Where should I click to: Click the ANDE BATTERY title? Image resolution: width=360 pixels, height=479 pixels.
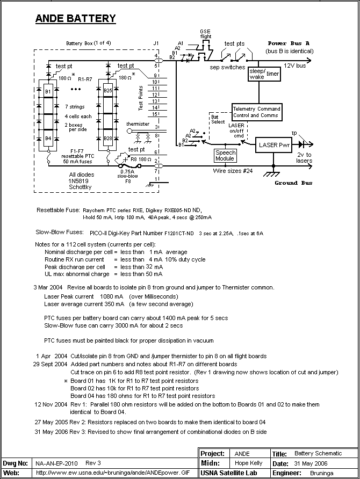point(75,19)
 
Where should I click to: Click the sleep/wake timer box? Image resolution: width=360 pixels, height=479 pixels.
point(264,74)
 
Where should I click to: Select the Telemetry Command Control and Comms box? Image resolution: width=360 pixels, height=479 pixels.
point(257,112)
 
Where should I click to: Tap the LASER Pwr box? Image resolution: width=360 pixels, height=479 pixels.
point(273,145)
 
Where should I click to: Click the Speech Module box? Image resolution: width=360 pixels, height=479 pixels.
point(226,156)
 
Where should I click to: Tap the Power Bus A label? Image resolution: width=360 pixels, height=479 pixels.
point(289,43)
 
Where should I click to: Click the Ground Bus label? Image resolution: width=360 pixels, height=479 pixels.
point(293,183)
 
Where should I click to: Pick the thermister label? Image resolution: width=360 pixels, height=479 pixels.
point(138,124)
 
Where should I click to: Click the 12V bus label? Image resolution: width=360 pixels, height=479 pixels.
point(294,66)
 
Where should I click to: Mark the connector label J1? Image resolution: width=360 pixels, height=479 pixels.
point(156,43)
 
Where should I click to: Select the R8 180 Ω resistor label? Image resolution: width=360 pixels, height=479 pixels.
point(141,159)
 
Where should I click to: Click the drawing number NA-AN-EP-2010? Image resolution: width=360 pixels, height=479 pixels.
point(56,463)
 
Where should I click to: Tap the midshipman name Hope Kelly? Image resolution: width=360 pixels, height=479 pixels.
point(248,463)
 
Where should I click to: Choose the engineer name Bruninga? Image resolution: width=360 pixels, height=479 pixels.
point(322,473)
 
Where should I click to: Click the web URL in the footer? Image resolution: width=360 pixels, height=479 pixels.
point(113,473)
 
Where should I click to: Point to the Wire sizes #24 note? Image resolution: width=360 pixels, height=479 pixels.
point(233,171)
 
